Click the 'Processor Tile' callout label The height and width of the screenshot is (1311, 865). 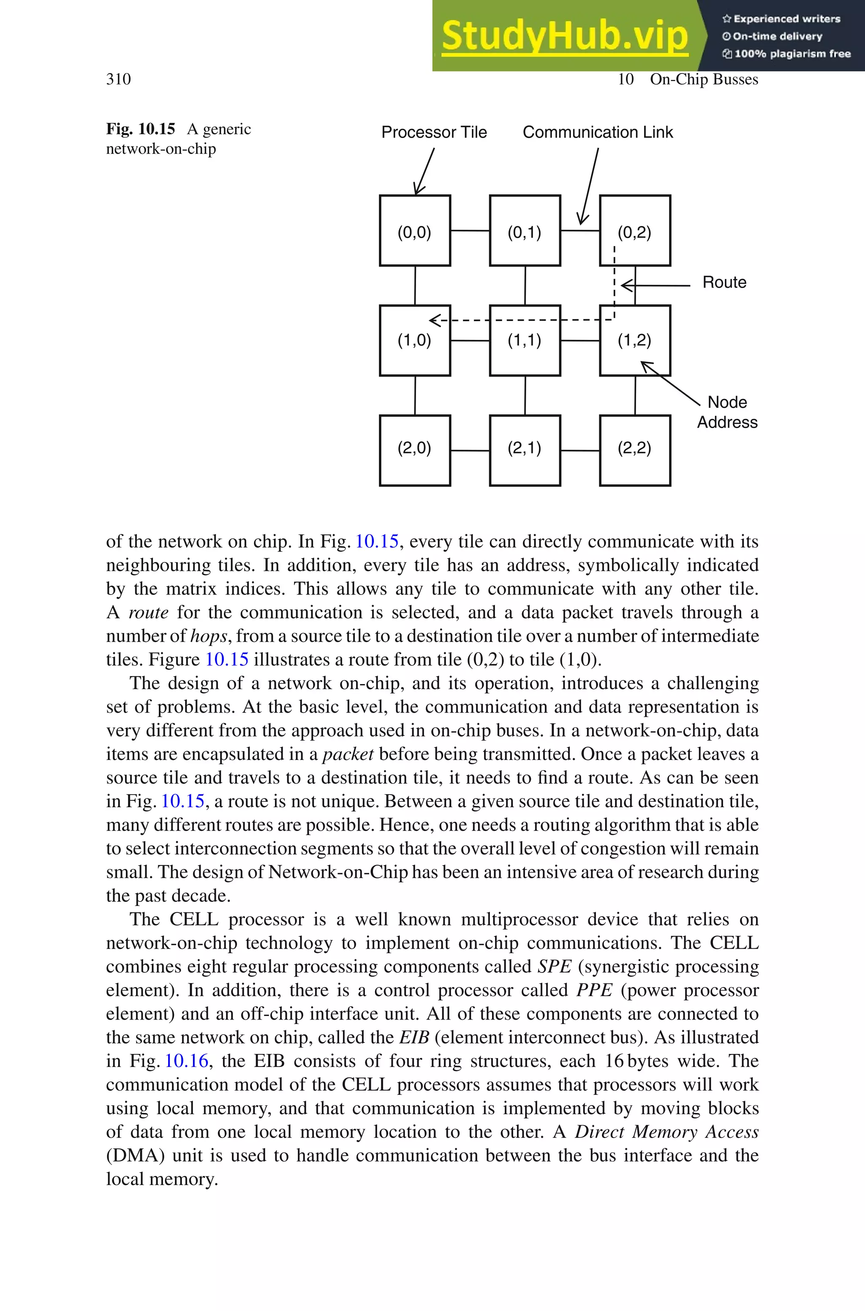point(434,132)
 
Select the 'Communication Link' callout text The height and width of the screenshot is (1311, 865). point(598,132)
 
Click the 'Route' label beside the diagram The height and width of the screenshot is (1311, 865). point(724,282)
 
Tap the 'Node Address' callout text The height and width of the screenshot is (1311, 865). point(726,412)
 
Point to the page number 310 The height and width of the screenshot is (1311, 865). point(118,79)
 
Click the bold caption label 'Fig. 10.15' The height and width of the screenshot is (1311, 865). point(140,129)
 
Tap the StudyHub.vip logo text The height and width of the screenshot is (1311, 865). point(564,36)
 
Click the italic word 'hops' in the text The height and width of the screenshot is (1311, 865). point(208,636)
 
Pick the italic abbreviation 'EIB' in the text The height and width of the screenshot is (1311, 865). point(414,1037)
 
